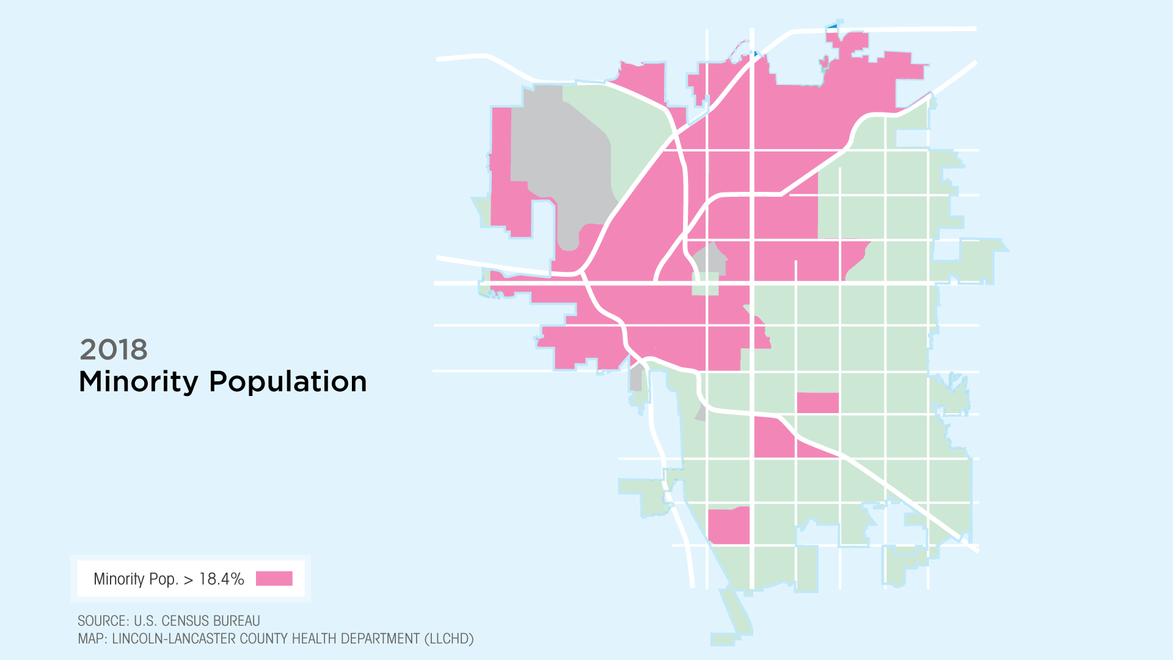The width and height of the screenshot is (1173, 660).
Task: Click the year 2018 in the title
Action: point(114,350)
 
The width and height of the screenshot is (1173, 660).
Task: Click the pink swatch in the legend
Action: point(274,578)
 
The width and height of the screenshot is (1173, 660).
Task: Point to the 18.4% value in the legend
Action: point(222,579)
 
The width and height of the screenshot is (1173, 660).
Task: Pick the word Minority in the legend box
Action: point(119,579)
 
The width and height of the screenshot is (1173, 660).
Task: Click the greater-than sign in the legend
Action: point(188,580)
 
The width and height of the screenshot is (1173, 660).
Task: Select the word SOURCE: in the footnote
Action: point(103,621)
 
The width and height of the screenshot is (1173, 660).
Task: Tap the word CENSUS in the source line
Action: point(183,621)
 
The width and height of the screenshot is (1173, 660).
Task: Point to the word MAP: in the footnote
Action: point(92,639)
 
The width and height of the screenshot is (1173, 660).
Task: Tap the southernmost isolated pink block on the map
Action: point(729,526)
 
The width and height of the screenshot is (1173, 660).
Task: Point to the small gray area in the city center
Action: point(709,259)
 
